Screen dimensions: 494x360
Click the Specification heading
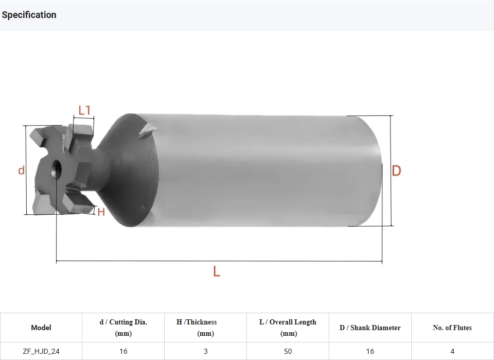(x=29, y=15)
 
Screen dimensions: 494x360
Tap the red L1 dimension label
(x=84, y=110)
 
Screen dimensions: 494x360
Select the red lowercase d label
(x=21, y=170)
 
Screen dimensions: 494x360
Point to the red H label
(x=101, y=212)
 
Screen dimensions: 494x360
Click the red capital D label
(x=396, y=170)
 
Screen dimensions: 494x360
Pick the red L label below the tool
(x=217, y=271)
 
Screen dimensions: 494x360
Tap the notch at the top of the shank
(x=148, y=131)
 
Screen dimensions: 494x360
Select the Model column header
(x=41, y=328)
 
